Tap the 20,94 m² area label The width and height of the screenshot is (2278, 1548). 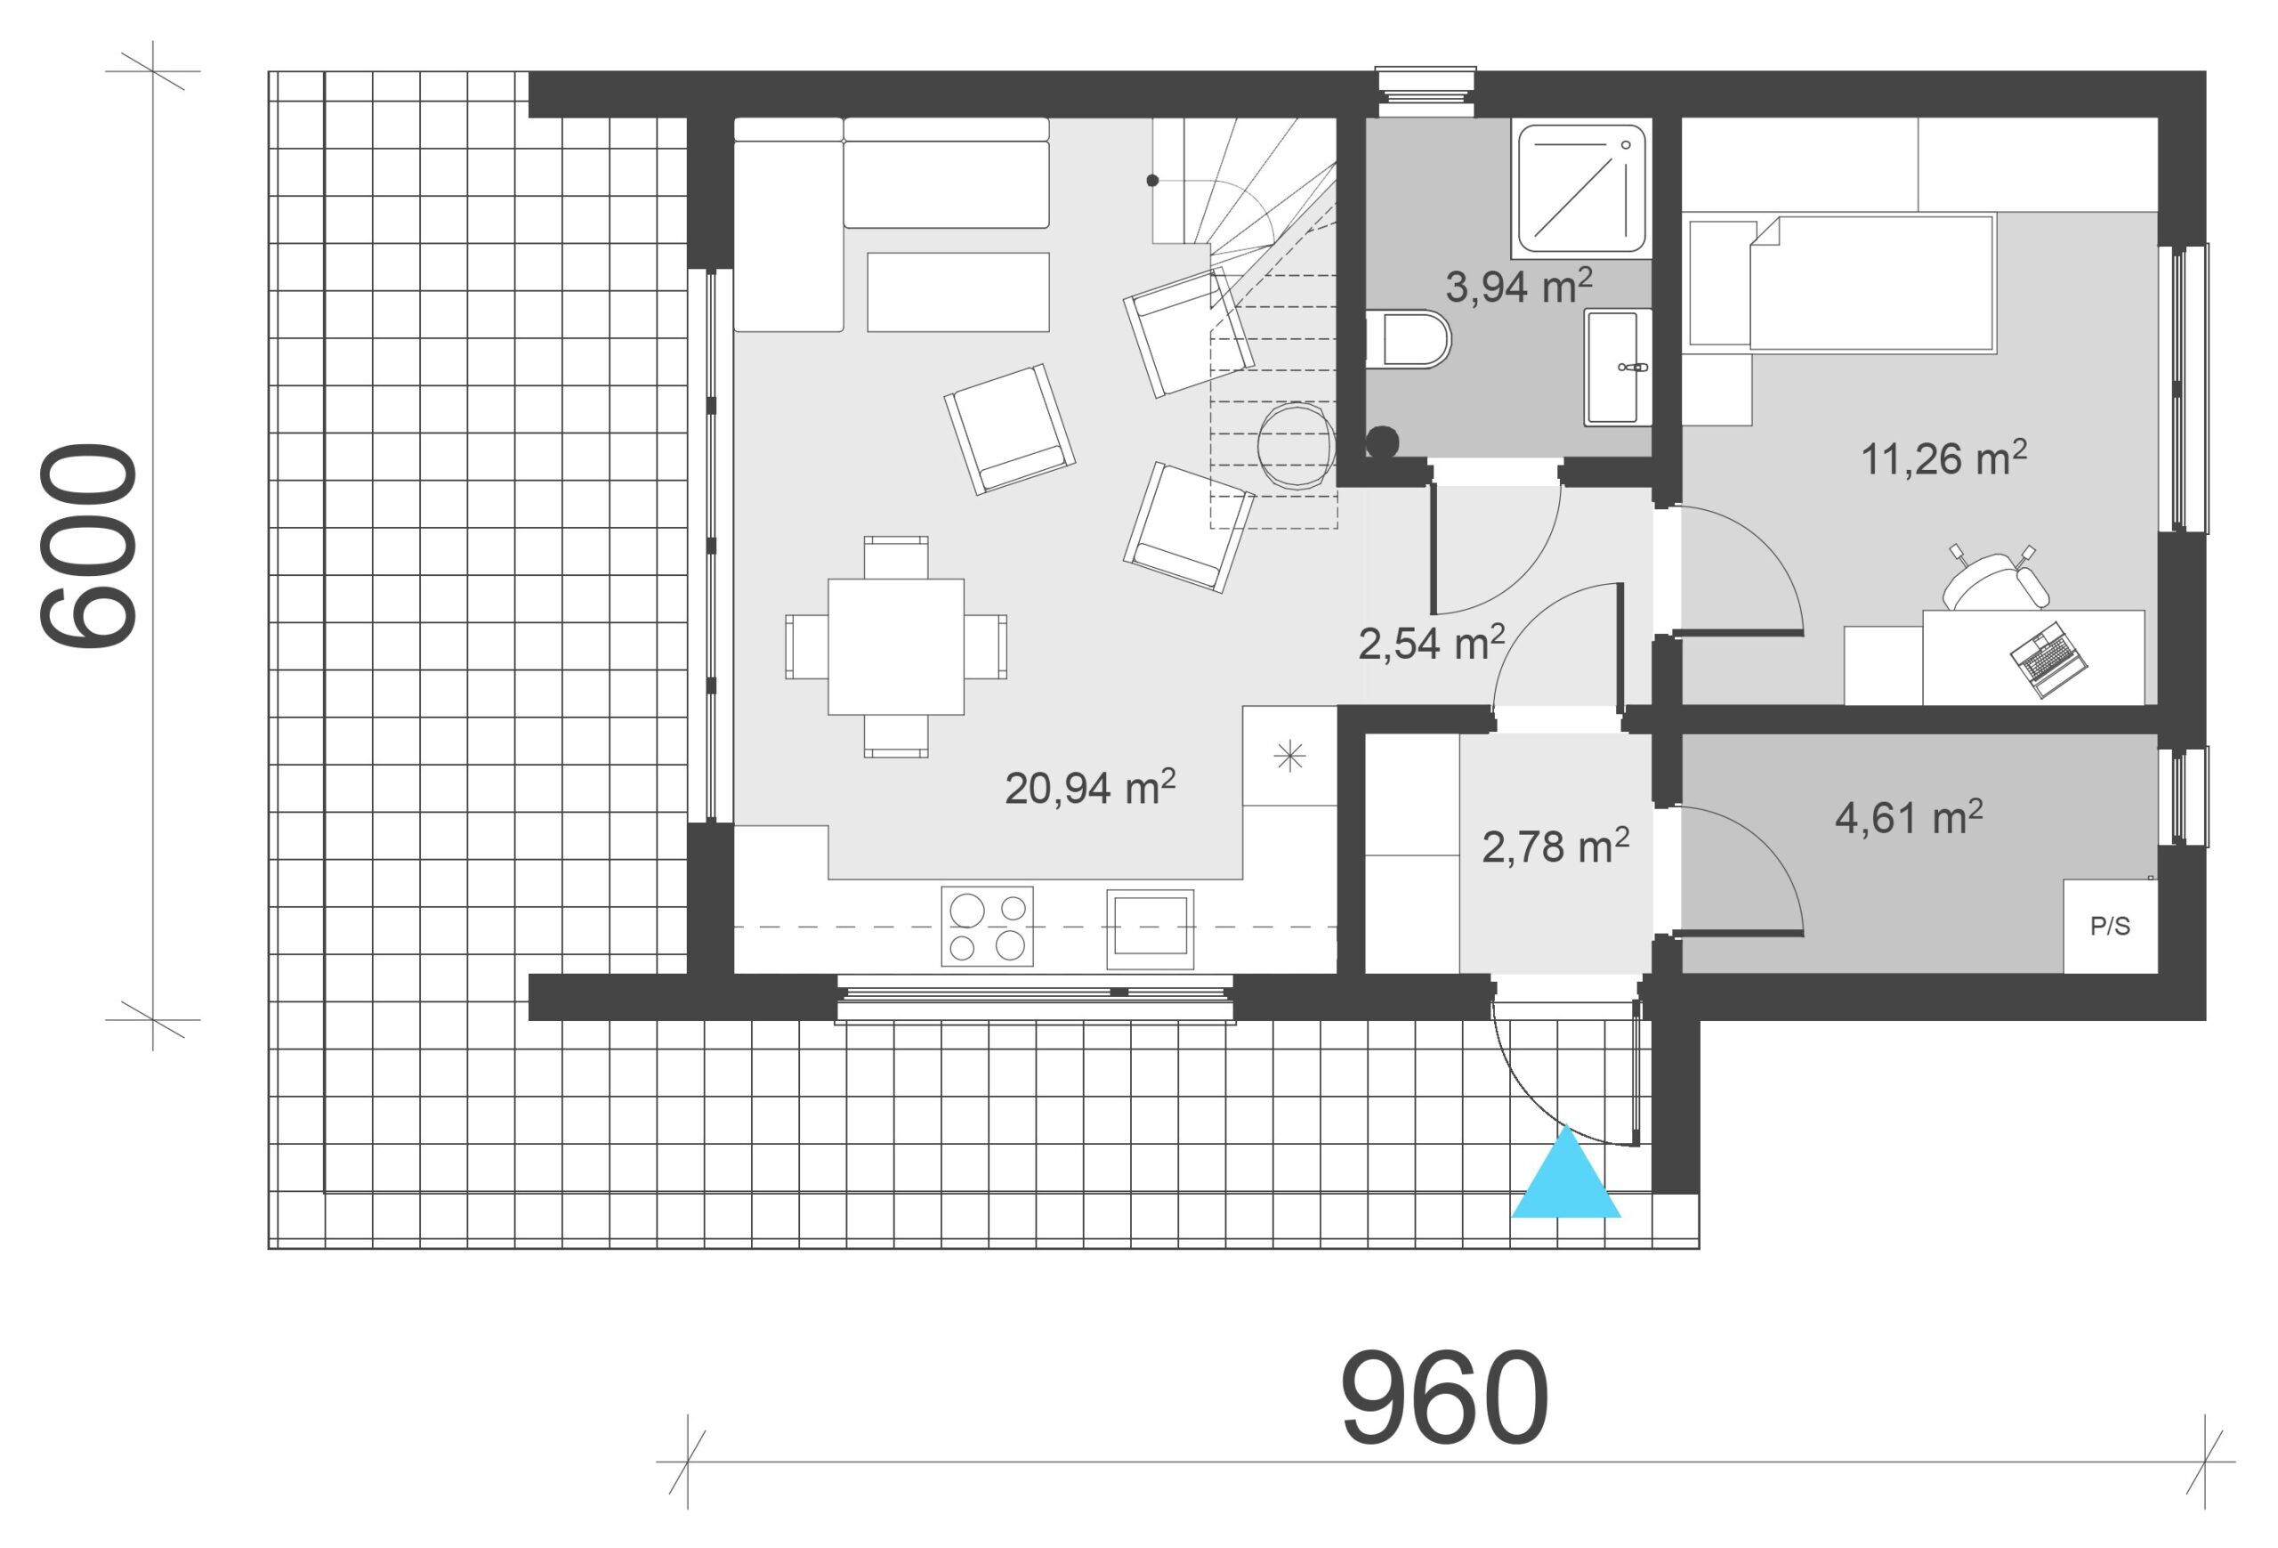click(x=1090, y=787)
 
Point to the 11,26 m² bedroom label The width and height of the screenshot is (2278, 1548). click(x=1943, y=458)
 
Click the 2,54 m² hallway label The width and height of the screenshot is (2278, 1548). click(x=1431, y=642)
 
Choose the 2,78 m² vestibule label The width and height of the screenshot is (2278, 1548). click(x=1555, y=846)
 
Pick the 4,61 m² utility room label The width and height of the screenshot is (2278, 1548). click(x=1909, y=816)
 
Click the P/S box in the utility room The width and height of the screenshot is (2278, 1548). click(x=2111, y=927)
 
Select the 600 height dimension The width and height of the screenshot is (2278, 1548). click(x=88, y=546)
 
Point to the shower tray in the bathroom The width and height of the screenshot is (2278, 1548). click(x=1581, y=190)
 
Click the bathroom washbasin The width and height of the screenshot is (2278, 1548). click(x=1618, y=368)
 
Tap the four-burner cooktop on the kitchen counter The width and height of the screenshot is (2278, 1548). click(x=987, y=926)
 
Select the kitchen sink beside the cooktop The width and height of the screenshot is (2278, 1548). click(x=1150, y=928)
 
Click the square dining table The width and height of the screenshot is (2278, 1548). click(x=895, y=646)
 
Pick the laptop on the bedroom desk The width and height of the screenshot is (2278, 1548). click(x=2048, y=659)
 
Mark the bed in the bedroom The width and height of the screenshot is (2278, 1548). click(x=1871, y=283)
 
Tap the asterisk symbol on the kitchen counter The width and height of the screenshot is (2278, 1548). click(x=1289, y=756)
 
